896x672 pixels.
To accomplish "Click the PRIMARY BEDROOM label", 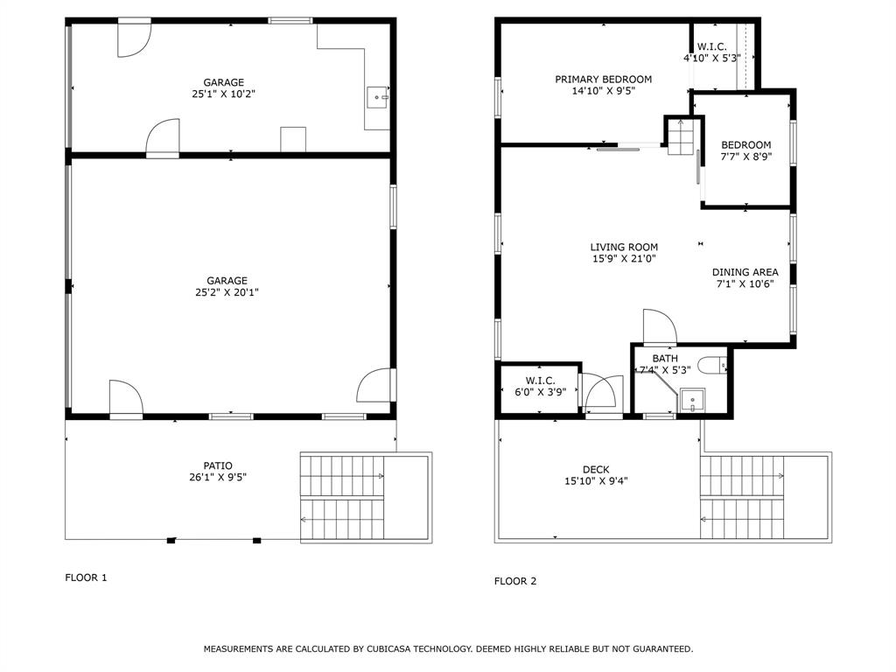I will [603, 80].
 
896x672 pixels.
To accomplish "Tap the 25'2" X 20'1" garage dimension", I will [227, 293].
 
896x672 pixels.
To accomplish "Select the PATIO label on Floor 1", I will [218, 465].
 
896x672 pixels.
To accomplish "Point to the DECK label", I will [596, 470].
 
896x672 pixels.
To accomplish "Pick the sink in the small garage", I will [377, 97].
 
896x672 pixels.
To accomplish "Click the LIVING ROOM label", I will [623, 248].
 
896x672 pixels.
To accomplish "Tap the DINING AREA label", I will [745, 272].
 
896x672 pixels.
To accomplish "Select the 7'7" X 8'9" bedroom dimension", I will [745, 157].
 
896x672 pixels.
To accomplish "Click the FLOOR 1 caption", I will [86, 577].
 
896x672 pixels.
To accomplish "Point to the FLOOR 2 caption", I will [515, 581].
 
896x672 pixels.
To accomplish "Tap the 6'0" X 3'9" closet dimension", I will [540, 392].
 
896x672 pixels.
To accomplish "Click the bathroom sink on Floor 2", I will [692, 401].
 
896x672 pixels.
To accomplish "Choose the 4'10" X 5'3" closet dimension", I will [711, 58].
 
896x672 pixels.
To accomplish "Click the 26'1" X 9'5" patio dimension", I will [218, 478].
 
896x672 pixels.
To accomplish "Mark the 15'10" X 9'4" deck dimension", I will [596, 481].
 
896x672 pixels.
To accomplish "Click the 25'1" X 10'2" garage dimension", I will [223, 94].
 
